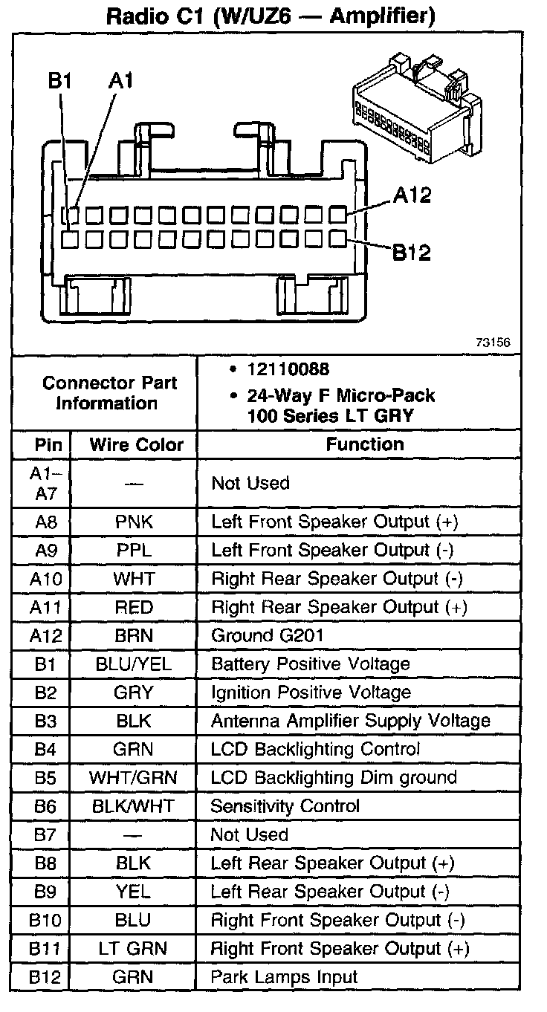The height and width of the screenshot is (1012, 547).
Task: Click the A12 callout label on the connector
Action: click(411, 195)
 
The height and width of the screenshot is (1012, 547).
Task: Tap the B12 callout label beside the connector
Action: click(411, 253)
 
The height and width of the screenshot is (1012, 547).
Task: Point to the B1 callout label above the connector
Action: click(59, 81)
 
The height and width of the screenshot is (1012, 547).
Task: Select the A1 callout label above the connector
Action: click(120, 81)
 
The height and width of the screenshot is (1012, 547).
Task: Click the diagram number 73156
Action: click(493, 343)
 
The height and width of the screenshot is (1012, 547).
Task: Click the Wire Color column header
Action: click(136, 445)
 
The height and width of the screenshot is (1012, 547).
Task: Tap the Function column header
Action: click(365, 444)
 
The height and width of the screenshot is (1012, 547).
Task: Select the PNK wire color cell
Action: click(134, 522)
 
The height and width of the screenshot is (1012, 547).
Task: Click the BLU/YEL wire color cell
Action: click(134, 664)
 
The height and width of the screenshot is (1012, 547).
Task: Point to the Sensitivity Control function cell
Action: click(285, 806)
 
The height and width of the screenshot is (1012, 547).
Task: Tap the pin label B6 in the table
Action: click(45, 806)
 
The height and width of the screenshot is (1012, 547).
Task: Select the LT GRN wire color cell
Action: click(134, 949)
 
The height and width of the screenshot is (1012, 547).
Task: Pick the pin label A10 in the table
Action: click(45, 579)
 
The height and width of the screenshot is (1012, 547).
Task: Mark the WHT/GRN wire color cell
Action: click(134, 778)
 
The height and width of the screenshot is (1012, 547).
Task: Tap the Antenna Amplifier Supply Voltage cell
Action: click(351, 721)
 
